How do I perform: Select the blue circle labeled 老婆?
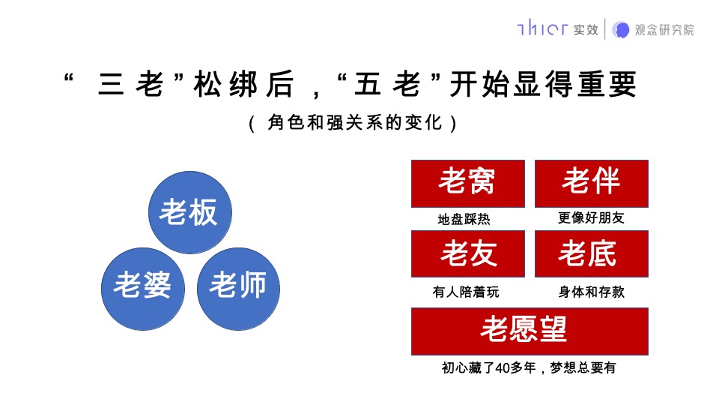pos(143,288)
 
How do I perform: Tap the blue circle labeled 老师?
pos(238,288)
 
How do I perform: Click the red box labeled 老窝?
pos(467,183)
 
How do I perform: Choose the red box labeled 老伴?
pos(591,183)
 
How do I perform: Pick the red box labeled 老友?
pos(467,253)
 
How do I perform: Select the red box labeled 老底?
pos(591,253)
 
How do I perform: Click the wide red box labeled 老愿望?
pos(529,331)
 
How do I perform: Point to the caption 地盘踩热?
pos(464,220)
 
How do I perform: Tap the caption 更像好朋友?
pos(591,218)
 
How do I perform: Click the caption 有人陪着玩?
pos(465,292)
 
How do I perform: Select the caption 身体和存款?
pos(591,292)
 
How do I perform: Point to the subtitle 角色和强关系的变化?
pos(352,123)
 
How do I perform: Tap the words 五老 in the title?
pos(386,85)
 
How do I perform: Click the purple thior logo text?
pos(542,29)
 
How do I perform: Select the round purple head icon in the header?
pos(621,29)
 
